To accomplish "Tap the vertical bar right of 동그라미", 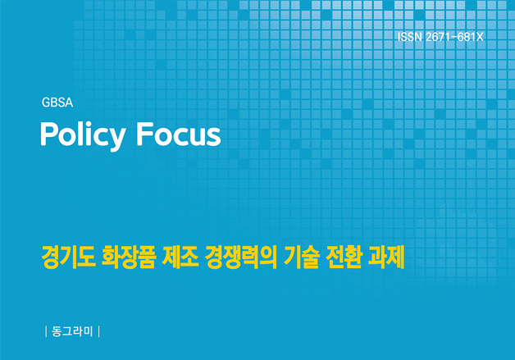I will pos(99,332).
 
